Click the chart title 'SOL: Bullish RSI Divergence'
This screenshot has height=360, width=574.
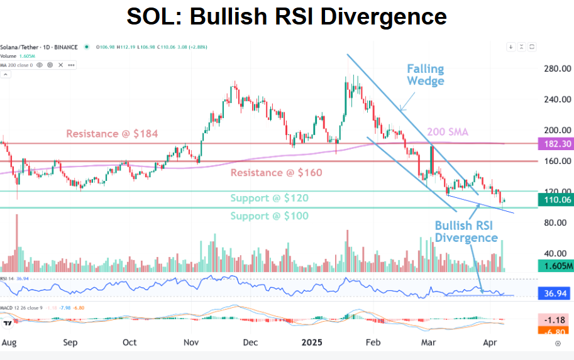click(x=287, y=17)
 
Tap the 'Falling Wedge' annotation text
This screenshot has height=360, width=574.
click(x=425, y=75)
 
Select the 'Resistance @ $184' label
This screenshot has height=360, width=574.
click(x=112, y=134)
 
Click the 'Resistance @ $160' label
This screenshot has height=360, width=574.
click(x=277, y=172)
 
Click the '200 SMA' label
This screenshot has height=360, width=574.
click(x=448, y=132)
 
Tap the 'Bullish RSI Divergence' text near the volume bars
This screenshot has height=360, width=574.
click(x=466, y=231)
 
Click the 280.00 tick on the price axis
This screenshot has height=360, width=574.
click(x=556, y=68)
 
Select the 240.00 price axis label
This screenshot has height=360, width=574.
click(x=556, y=99)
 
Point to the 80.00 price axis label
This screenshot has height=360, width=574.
click(x=556, y=222)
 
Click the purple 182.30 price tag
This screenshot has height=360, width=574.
click(x=556, y=144)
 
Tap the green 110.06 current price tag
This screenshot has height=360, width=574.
click(x=556, y=200)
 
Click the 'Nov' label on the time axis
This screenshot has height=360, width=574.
click(x=190, y=343)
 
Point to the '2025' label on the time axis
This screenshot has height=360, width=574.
click(x=312, y=343)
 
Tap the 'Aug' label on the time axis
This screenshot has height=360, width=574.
click(x=9, y=343)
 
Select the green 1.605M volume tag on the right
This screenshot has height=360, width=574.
click(x=556, y=266)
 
